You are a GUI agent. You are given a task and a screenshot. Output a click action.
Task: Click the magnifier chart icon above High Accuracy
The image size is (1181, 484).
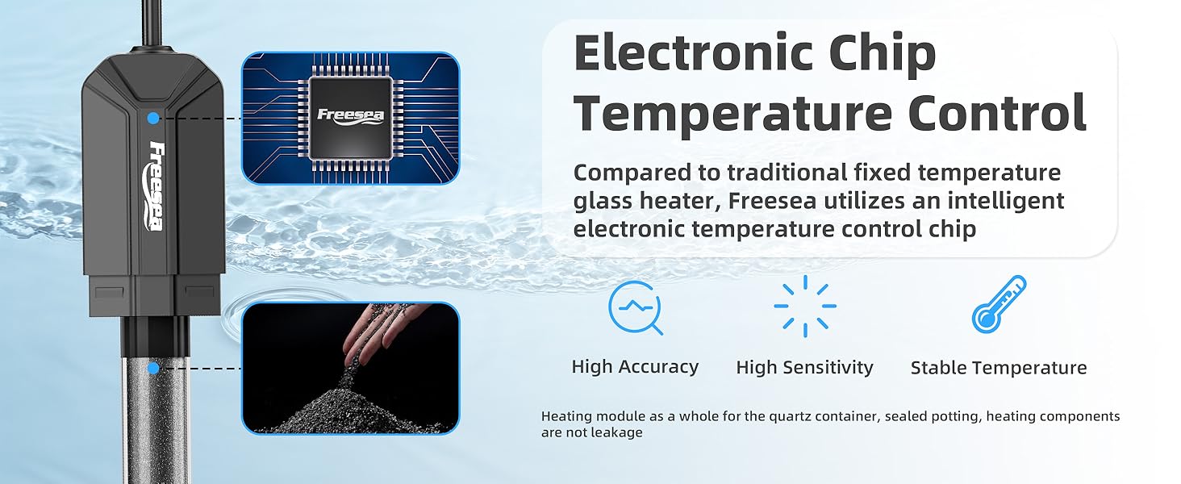point(636,307)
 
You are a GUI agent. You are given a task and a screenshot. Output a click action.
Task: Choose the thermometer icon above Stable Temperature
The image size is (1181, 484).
point(999,304)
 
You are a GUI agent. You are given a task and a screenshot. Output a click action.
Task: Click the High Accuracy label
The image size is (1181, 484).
point(635,367)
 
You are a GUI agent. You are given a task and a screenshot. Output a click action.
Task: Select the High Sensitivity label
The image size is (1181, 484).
point(804,368)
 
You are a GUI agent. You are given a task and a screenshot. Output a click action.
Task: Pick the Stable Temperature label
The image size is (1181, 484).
point(999,368)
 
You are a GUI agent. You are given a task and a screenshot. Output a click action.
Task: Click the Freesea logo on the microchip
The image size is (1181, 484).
point(351,115)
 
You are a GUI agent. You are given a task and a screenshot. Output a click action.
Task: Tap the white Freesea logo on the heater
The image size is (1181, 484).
point(156,186)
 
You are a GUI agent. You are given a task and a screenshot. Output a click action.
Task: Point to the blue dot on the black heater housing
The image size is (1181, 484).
point(152,119)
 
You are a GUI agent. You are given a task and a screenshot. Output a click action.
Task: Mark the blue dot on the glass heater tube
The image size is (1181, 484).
point(152,369)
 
